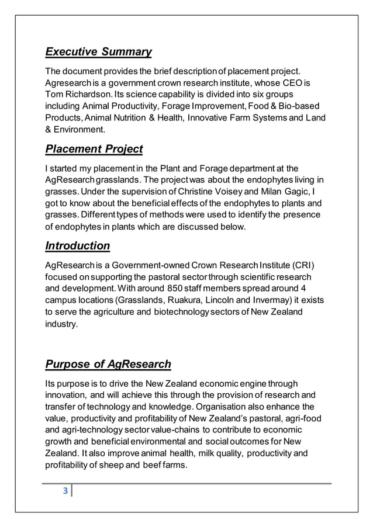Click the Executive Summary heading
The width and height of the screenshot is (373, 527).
click(x=98, y=53)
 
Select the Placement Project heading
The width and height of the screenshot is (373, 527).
click(x=94, y=149)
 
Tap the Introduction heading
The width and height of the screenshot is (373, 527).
click(x=77, y=245)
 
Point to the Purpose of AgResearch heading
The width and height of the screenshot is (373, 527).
click(x=108, y=365)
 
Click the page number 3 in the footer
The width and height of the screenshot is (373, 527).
click(x=65, y=490)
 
